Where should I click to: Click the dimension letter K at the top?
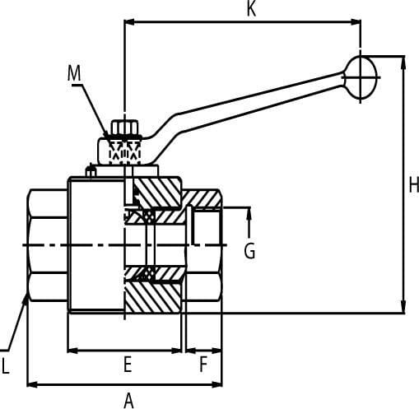252,8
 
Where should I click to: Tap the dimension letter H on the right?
414,184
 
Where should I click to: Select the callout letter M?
74,73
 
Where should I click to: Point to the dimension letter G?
249,251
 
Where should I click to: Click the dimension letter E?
128,365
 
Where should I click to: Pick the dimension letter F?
203,365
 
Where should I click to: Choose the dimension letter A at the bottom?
128,401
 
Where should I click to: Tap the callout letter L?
6,366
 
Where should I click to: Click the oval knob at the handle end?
361,77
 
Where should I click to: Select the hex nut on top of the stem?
124,128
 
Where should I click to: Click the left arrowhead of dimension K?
129,22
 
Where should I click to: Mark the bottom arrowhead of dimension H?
403,306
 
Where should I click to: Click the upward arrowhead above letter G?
249,213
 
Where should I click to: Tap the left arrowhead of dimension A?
32,384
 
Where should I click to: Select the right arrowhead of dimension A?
217,384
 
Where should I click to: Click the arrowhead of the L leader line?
26,299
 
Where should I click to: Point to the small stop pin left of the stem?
91,171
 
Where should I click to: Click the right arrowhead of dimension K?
356,22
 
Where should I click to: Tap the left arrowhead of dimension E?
72,351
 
